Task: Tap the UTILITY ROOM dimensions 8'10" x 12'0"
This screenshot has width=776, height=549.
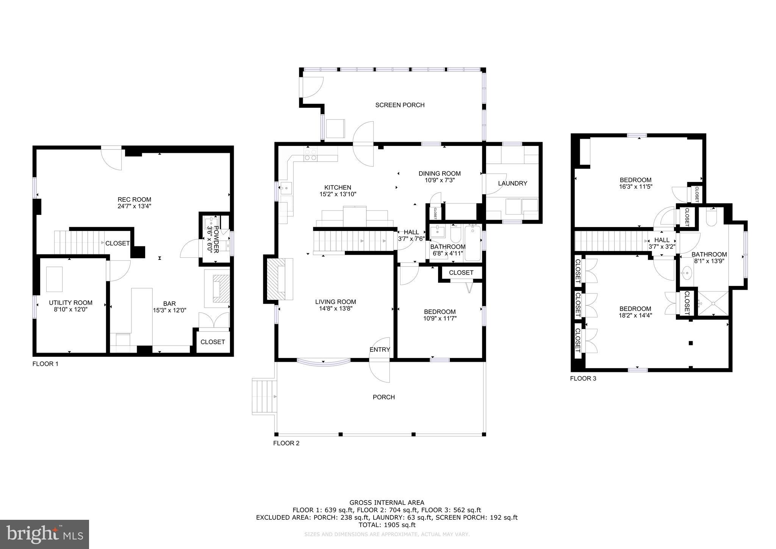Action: coord(71,310)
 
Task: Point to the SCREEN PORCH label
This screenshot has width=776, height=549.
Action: coord(400,105)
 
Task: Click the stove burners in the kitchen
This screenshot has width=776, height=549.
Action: coord(311,155)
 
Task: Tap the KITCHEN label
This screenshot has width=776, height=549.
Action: coord(338,187)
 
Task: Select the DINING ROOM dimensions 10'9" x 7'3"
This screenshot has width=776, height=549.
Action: coord(440,180)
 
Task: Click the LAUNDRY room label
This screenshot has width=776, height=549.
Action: coord(512,183)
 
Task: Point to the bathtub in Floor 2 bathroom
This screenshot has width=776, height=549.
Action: coord(472,243)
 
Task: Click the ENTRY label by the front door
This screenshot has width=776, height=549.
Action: coord(380,350)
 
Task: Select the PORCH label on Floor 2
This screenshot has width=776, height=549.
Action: coord(384,397)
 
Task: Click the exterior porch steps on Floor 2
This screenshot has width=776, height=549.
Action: coord(263,396)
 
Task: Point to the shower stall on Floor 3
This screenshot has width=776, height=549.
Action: coord(713,303)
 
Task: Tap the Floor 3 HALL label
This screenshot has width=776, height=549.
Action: coord(662,240)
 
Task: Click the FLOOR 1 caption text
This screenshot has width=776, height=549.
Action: coord(45,364)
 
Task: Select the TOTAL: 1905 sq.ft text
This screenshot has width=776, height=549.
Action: coord(387,525)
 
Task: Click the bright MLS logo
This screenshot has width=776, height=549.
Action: coord(45,534)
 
